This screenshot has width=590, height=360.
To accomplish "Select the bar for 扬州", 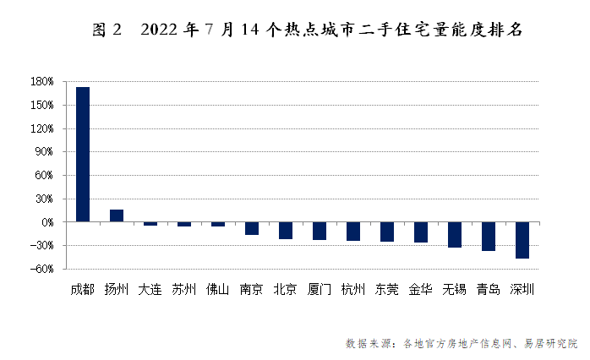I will point(117,215).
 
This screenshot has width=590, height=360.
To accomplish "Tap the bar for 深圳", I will point(522,240).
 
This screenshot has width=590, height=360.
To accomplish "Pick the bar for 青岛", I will point(489,237).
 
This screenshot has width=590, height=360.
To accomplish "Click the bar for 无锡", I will point(455,235).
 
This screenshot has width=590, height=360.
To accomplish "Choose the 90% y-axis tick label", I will point(45,152).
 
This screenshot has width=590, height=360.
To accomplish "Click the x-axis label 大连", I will point(150,289).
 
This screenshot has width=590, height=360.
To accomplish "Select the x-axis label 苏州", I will point(184,289).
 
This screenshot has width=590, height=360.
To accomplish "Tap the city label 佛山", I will point(218,289).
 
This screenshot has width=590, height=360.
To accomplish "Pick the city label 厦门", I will point(320,289).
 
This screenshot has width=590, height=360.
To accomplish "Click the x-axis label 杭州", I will point(353,289).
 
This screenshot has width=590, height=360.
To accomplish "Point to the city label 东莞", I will point(387,289).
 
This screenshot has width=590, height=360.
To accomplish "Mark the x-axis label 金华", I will point(421,289).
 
